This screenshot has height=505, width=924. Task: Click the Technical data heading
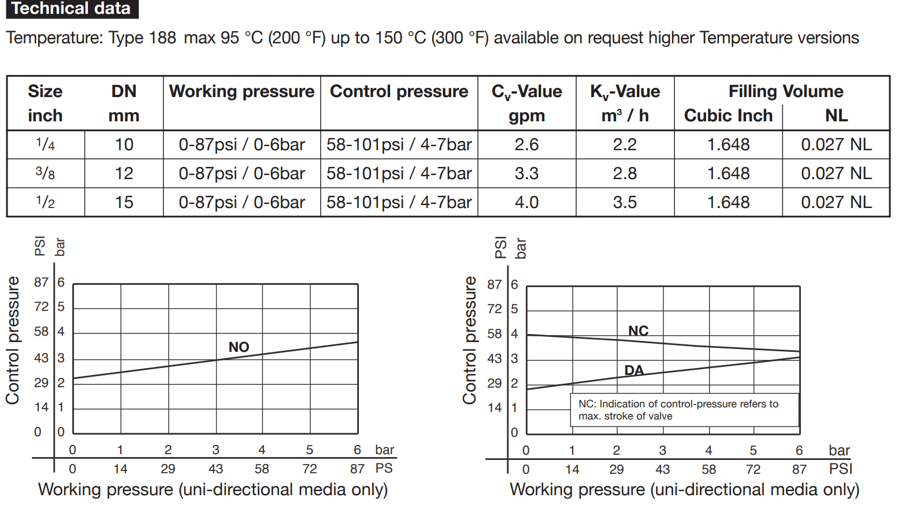click(71, 9)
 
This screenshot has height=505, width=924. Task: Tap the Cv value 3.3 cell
click(526, 173)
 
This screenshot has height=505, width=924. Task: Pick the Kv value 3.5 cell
click(625, 202)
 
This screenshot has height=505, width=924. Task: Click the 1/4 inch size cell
click(45, 144)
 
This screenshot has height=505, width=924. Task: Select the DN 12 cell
click(124, 173)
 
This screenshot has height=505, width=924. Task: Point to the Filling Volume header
click(785, 91)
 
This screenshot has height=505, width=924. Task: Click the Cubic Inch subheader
click(728, 116)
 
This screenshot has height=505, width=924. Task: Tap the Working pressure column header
click(242, 91)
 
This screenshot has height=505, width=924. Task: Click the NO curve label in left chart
click(239, 347)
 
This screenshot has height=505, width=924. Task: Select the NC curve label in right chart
click(639, 331)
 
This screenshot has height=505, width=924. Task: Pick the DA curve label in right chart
click(634, 370)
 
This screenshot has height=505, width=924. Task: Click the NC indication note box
click(684, 410)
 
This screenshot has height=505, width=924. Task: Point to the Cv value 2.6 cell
click(526, 144)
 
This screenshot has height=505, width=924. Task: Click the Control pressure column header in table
click(399, 91)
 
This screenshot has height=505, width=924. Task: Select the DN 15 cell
click(124, 202)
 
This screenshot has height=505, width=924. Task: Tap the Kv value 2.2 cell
click(625, 144)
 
